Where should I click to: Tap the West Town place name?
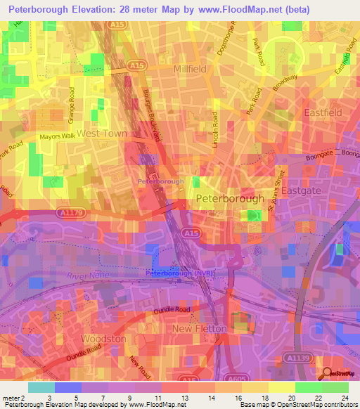pyautogui.click(x=102, y=133)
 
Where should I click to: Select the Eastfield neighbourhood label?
pyautogui.click(x=322, y=112)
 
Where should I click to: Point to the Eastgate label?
pyautogui.click(x=301, y=190)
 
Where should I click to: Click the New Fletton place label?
pyautogui.click(x=200, y=328)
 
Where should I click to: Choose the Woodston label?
pyautogui.click(x=103, y=339)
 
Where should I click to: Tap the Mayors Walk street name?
pyautogui.click(x=57, y=136)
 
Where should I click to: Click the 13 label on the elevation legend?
pyautogui.click(x=182, y=398)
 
